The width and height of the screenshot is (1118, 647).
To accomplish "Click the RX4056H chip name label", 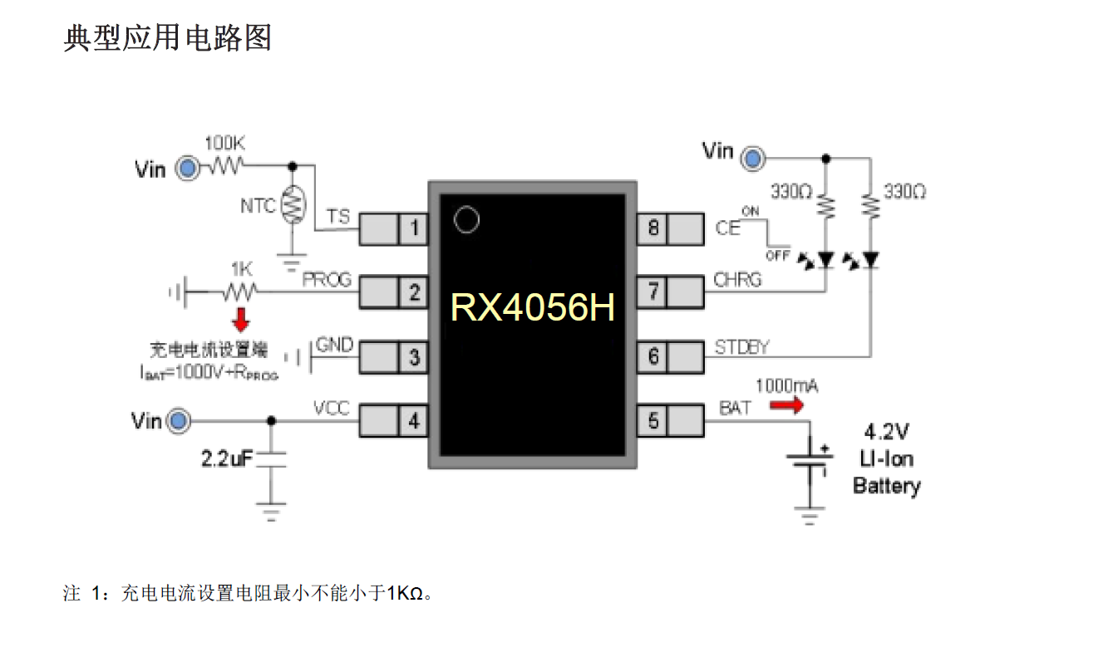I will click(533, 308).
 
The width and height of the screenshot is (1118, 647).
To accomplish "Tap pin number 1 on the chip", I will click(414, 228).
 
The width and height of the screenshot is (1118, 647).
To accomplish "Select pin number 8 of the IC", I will click(653, 227).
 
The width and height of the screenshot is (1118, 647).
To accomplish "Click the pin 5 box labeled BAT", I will click(653, 421).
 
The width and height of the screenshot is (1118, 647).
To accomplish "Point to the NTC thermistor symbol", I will click(292, 205).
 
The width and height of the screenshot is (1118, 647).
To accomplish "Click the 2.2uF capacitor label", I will click(226, 458).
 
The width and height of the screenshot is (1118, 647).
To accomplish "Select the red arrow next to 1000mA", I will click(786, 405).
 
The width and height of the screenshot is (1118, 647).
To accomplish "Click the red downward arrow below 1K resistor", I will click(241, 318).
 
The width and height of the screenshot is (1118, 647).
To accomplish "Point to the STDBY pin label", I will click(741, 347).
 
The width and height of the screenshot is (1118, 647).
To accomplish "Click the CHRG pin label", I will click(737, 280).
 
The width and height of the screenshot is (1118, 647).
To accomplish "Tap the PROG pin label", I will click(327, 279).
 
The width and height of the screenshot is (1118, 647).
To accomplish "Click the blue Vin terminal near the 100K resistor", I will click(189, 169).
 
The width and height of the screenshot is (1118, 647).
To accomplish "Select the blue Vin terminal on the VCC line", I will click(178, 421).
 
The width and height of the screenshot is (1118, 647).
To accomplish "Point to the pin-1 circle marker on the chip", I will click(467, 220).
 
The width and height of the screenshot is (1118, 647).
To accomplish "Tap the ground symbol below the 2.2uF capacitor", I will click(270, 509).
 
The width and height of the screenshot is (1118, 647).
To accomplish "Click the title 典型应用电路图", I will click(168, 37).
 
